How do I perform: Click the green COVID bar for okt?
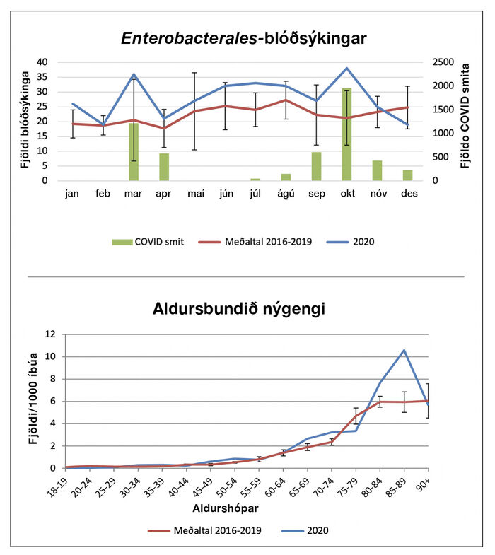coord(346,134)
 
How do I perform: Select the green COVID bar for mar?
coord(134,151)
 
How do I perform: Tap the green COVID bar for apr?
coord(164,167)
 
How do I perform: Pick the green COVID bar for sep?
coord(316,166)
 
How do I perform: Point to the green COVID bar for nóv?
coord(377,170)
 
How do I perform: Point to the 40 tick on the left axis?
coord(42,62)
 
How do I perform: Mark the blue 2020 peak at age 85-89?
coord(404,350)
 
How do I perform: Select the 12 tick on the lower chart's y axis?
coord(49,334)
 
